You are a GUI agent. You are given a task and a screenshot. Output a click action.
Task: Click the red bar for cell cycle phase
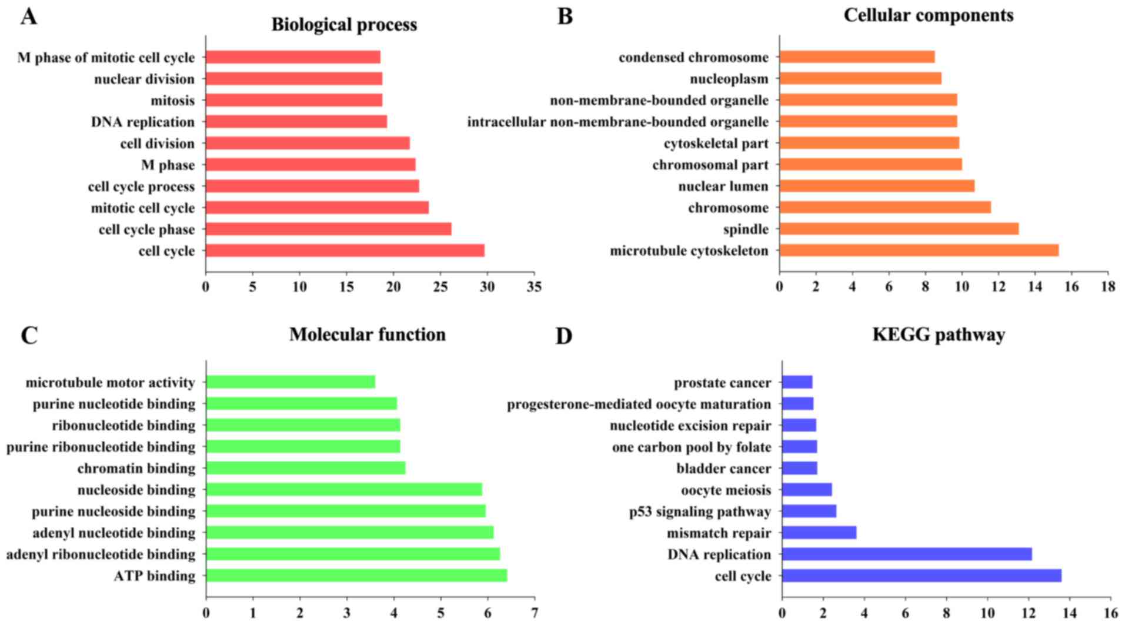click(328, 229)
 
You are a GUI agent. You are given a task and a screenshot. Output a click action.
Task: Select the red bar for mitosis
click(294, 100)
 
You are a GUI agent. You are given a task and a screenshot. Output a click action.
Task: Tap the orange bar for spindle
click(899, 229)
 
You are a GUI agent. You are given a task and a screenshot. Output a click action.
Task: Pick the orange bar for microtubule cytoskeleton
click(919, 250)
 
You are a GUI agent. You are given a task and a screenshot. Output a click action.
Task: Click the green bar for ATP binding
click(356, 576)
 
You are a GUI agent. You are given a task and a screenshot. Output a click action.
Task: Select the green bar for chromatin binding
click(305, 468)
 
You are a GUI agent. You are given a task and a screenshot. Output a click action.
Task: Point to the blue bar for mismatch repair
click(819, 533)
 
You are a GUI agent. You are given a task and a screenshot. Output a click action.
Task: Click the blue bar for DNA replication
click(906, 554)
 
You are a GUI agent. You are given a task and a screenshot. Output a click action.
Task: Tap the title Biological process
click(344, 25)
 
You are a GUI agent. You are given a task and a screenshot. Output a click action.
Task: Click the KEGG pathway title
click(938, 335)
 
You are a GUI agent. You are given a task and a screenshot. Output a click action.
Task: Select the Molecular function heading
click(367, 335)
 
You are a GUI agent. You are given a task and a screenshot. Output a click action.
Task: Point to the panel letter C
click(29, 336)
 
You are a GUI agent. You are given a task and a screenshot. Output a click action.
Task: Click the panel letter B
click(565, 16)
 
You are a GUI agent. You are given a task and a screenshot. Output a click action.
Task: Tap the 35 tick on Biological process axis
click(534, 287)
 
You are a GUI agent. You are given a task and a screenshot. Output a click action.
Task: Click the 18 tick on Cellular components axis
click(1108, 287)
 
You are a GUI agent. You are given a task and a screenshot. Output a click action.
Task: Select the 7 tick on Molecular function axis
click(535, 613)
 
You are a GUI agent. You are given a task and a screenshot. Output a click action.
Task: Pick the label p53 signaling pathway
click(700, 512)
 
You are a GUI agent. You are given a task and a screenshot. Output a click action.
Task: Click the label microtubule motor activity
click(110, 383)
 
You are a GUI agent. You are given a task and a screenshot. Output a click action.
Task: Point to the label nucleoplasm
click(729, 79)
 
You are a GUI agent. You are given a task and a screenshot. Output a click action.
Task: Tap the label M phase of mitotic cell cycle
click(106, 58)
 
